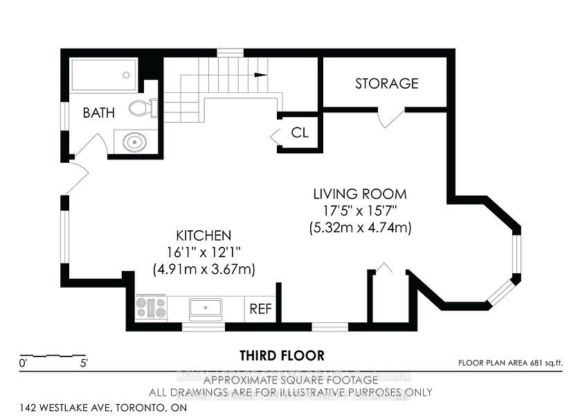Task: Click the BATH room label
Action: [99, 112]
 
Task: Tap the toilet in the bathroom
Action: [142, 107]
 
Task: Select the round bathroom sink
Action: [134, 142]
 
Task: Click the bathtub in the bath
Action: [104, 75]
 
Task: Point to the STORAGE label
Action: [386, 84]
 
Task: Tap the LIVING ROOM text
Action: [359, 194]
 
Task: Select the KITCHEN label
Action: [204, 236]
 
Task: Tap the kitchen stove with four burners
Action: [151, 308]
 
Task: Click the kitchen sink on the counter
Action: [206, 308]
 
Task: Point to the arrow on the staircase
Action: [260, 74]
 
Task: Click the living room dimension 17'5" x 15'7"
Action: [359, 211]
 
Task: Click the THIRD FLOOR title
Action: [282, 356]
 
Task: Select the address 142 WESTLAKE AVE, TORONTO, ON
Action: [103, 408]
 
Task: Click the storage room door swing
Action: [390, 118]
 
